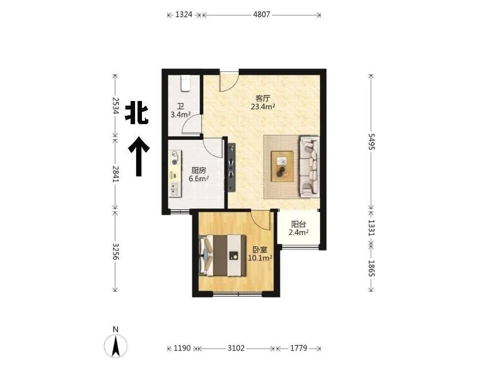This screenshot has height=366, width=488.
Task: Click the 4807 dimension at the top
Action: point(261,15)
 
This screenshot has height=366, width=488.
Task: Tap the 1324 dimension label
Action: point(184,15)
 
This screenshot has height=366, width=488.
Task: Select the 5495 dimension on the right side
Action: point(371,141)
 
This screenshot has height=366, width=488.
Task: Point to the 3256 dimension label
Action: point(115,251)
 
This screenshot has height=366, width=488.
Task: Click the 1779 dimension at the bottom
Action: point(298,348)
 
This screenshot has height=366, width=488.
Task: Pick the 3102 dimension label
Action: point(236,348)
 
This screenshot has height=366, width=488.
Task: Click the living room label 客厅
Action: point(263,99)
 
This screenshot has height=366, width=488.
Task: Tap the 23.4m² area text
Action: point(263,107)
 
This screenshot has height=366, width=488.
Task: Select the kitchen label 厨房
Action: point(199,170)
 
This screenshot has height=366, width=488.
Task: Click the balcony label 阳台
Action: point(298,224)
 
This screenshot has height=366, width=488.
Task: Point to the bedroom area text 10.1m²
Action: point(260,258)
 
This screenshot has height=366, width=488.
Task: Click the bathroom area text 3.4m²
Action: point(180,114)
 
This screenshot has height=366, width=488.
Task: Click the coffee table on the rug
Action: point(282,166)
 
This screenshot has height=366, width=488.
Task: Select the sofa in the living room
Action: point(309,166)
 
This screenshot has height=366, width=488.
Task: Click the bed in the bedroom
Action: point(223,256)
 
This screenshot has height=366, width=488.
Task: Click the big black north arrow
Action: point(139,157)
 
